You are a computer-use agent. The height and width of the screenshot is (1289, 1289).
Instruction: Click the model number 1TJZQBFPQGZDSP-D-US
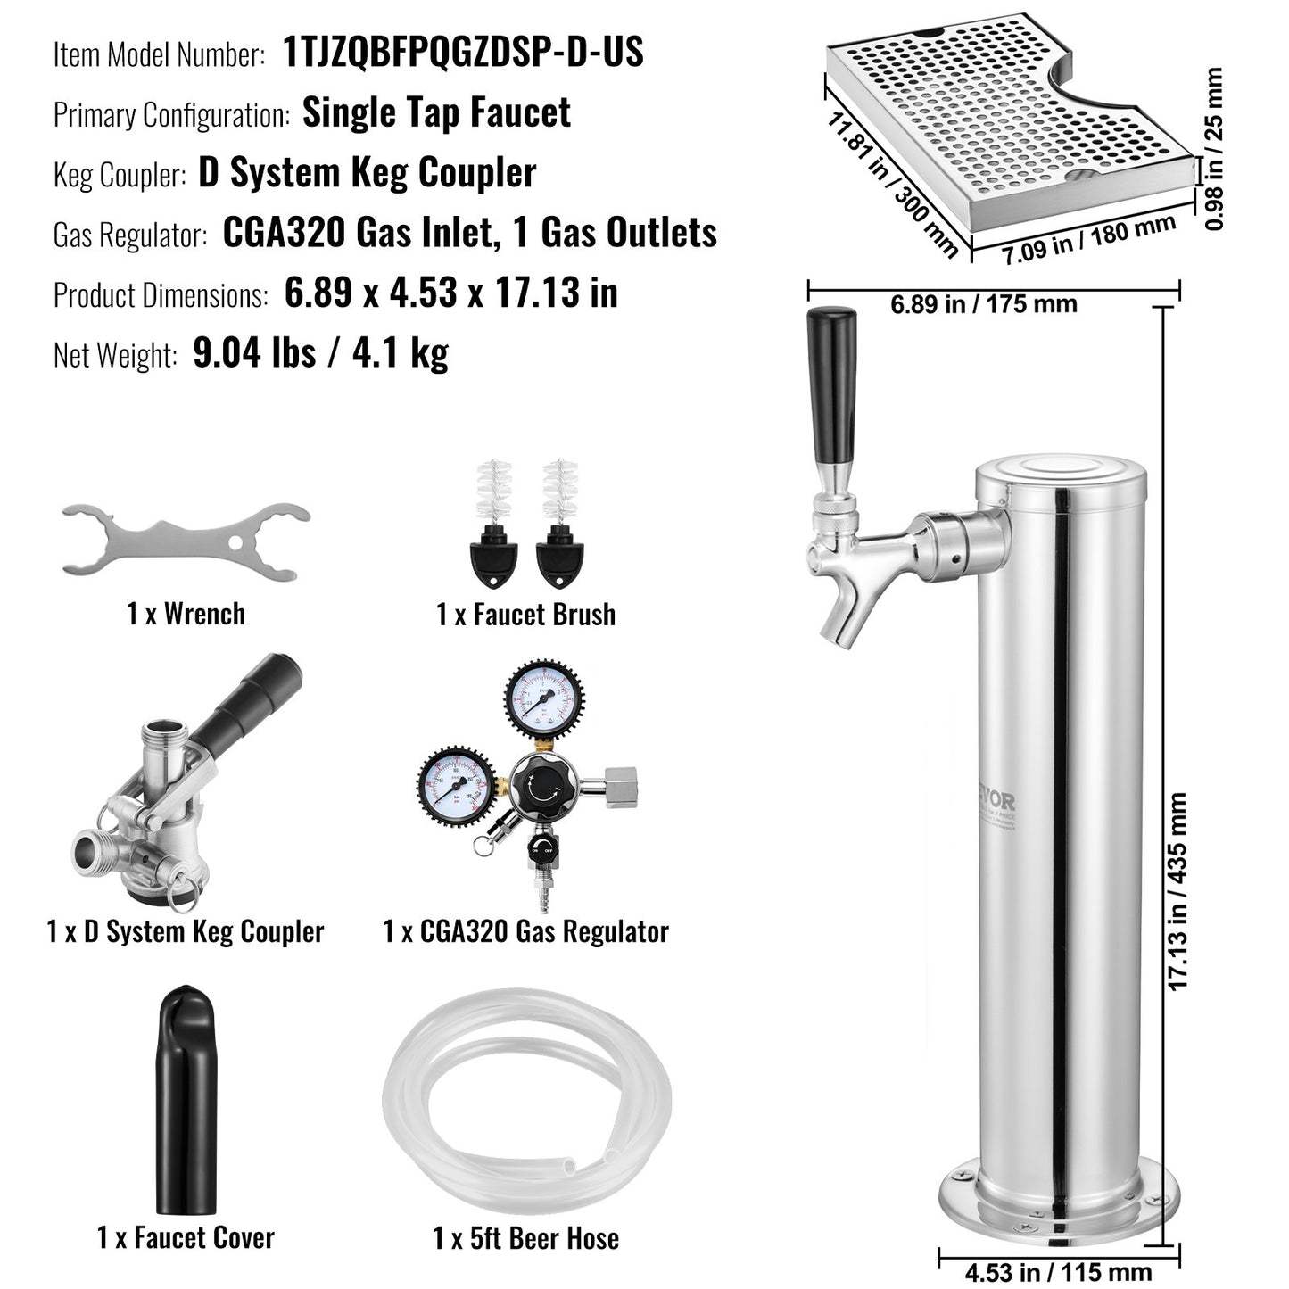click(x=463, y=53)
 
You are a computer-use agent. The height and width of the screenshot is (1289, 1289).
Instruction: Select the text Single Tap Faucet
click(x=436, y=113)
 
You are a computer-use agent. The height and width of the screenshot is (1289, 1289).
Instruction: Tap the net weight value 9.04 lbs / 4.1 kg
click(x=320, y=354)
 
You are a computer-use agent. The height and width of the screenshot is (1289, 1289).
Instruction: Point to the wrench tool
click(x=186, y=541)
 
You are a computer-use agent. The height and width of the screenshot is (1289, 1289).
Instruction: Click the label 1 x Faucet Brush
click(x=525, y=615)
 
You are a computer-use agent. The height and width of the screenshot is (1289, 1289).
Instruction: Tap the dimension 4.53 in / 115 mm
click(x=1058, y=1271)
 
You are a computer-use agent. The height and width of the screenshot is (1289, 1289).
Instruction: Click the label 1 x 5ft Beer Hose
click(x=525, y=1238)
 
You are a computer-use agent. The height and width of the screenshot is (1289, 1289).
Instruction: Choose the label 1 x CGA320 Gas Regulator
click(x=525, y=932)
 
